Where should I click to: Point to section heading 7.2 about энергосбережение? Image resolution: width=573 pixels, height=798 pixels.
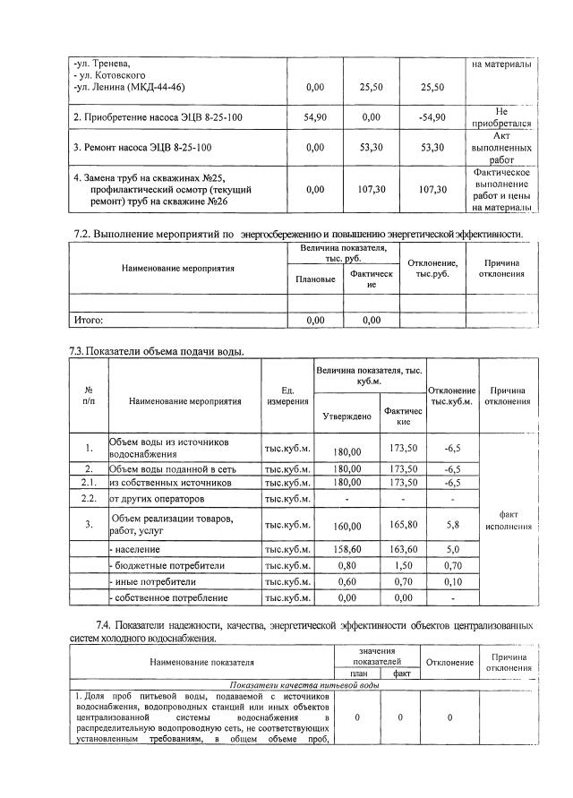(297, 234)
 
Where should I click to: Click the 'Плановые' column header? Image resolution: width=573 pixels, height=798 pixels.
(315, 279)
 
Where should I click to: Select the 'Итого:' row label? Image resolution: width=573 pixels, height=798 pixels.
(88, 319)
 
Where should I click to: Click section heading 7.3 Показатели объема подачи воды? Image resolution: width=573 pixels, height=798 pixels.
(156, 350)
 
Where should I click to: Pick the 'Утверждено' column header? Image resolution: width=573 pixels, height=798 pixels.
(346, 416)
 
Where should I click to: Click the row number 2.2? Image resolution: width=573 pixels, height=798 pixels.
(89, 498)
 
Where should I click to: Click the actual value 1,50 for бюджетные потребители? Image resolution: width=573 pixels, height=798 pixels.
(403, 565)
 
